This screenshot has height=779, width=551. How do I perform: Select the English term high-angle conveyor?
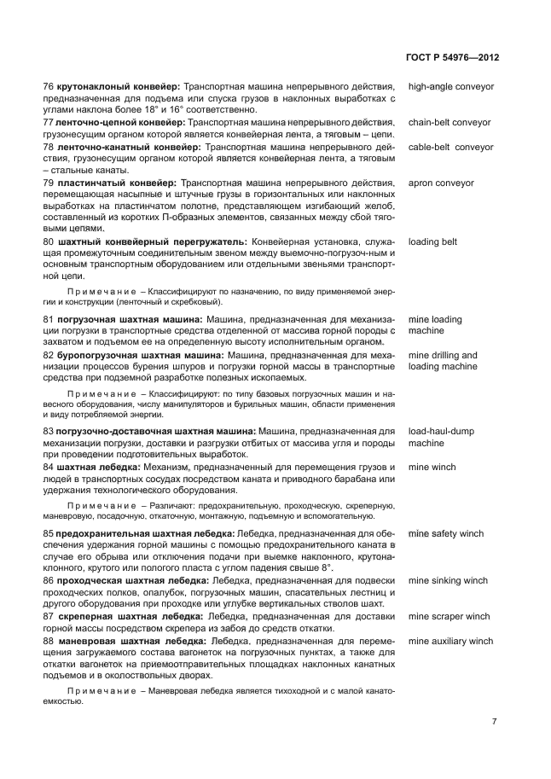click(x=450, y=87)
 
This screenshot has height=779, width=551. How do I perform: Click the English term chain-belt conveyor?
click(x=449, y=123)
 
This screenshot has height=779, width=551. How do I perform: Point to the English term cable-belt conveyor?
click(x=450, y=147)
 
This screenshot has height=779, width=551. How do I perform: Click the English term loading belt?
click(x=432, y=242)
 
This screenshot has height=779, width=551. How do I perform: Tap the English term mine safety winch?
click(x=445, y=533)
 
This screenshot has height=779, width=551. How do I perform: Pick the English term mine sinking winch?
click(x=448, y=581)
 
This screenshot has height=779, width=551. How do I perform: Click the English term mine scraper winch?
click(x=449, y=616)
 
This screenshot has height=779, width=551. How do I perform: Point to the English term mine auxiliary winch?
click(x=450, y=641)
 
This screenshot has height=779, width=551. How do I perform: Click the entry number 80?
click(x=49, y=242)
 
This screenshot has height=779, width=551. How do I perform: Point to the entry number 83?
click(x=49, y=432)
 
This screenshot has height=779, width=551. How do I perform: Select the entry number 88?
click(x=49, y=641)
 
